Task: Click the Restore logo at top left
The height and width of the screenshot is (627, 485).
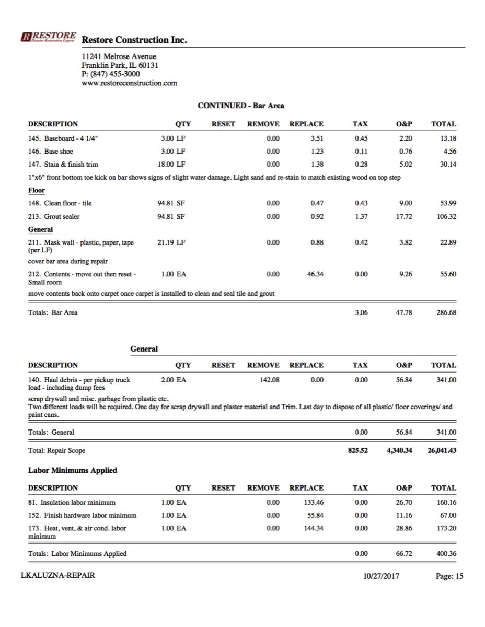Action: pyautogui.click(x=48, y=37)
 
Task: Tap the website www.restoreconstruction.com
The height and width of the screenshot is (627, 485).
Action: pyautogui.click(x=130, y=83)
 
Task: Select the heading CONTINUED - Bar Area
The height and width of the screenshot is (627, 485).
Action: pyautogui.click(x=241, y=106)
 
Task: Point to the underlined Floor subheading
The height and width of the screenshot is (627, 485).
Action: pyautogui.click(x=36, y=190)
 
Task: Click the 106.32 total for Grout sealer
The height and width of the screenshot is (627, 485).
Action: pyautogui.click(x=445, y=216)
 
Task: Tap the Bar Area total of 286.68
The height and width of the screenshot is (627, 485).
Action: pyautogui.click(x=445, y=313)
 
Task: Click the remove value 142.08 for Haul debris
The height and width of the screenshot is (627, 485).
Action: pyautogui.click(x=269, y=380)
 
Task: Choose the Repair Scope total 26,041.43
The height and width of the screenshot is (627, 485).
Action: pyautogui.click(x=442, y=450)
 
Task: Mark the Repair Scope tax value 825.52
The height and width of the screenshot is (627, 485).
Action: pyautogui.click(x=357, y=450)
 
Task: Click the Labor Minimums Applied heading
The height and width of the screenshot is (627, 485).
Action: pyautogui.click(x=72, y=470)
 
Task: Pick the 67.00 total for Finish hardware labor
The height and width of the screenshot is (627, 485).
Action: pyautogui.click(x=448, y=516)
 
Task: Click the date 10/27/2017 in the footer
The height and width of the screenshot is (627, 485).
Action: pyautogui.click(x=382, y=576)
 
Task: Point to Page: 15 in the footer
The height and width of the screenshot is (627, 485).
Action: pyautogui.click(x=449, y=576)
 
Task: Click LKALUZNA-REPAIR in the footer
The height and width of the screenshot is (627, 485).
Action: pyautogui.click(x=57, y=576)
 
